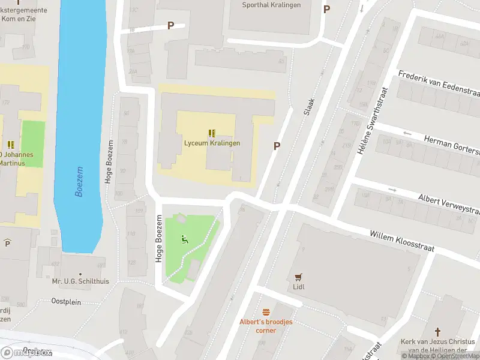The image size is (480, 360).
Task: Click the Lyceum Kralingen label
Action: (212, 143)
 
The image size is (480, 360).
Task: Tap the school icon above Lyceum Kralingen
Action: (212, 133)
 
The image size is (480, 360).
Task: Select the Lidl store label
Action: (299, 287)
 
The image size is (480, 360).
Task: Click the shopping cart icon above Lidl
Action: (299, 277)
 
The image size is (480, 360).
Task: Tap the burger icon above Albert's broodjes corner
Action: (266, 311)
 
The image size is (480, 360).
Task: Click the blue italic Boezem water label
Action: (80, 182)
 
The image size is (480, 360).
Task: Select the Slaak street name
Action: (309, 106)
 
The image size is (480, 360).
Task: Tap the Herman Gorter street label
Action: (451, 144)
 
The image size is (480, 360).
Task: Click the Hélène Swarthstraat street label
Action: (372, 121)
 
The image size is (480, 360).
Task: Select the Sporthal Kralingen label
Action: (271, 5)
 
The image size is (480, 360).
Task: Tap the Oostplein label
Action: (66, 302)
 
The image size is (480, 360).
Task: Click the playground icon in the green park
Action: (185, 240)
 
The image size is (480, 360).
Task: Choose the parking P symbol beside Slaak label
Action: (277, 146)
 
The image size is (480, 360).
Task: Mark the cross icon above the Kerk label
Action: (438, 332)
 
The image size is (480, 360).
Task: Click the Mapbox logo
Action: (26, 352)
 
